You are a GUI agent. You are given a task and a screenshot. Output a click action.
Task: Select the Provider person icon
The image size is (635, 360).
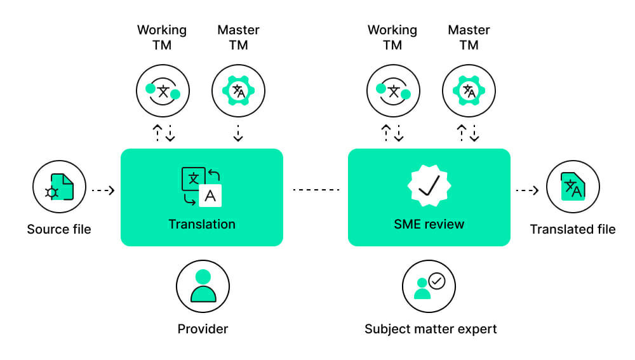coord(203,286)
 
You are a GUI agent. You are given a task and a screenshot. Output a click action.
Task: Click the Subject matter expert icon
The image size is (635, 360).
coord(429,286)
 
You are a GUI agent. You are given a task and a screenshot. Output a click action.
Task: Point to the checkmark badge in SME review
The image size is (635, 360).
coord(429,185)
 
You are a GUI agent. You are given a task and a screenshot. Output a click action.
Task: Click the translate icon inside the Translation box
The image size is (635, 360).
coord(201,187)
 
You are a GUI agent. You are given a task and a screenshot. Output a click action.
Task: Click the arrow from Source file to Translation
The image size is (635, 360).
coord(103,190)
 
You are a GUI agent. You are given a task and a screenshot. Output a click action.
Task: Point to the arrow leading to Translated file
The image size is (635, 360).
coord(527,190)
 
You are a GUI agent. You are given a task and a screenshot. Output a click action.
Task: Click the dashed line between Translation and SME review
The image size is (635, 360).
coord(316,190)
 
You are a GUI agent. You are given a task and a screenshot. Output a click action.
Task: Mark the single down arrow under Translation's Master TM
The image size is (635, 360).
coord(238,133)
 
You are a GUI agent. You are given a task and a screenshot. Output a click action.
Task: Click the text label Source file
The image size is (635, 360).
coord(59,229)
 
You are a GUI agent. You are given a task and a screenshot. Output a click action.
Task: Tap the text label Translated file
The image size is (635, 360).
coord(573,229)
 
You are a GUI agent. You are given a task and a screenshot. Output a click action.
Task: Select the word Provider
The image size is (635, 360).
coord(203,329)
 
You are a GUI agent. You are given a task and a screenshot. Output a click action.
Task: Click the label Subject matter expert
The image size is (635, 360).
coord(431,329)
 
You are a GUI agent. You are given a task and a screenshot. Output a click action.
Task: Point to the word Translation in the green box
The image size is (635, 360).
coord(201,224)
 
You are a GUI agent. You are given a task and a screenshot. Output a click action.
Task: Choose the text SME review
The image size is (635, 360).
coord(429,224)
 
